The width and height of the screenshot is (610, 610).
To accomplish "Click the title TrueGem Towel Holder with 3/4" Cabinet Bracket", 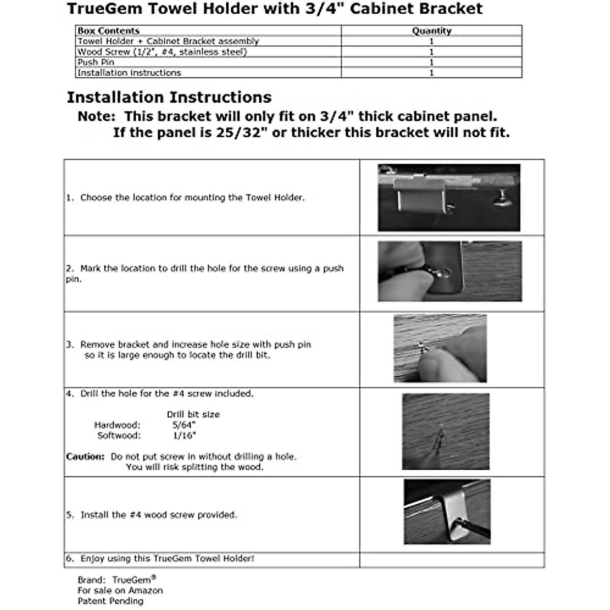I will point(274,9).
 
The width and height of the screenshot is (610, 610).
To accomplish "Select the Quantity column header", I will point(432,31).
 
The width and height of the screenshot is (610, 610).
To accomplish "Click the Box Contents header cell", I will point(108,31).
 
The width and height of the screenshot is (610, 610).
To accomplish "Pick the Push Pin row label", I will point(96,62).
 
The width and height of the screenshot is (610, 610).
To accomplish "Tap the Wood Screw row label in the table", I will point(162,52).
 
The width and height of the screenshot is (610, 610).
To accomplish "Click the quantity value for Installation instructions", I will point(432,73).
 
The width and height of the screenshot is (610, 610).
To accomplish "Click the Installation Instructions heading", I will point(169,97).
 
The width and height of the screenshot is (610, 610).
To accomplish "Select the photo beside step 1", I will point(449,198).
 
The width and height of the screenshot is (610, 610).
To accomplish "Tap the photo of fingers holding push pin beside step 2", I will point(449,271).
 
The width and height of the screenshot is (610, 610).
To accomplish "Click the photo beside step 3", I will point(440,348).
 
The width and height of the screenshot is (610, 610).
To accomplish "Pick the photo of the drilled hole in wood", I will point(446,431).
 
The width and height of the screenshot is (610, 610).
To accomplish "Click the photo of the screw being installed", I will point(447,512).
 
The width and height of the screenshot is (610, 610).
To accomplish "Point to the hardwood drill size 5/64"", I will point(184,425).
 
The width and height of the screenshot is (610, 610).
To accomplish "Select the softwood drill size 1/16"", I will point(184,436).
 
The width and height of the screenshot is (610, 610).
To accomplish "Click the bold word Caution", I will point(85,456).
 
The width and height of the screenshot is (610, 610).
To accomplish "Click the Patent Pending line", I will point(110,601).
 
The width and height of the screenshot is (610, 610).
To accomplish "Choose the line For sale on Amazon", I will point(120,591).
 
